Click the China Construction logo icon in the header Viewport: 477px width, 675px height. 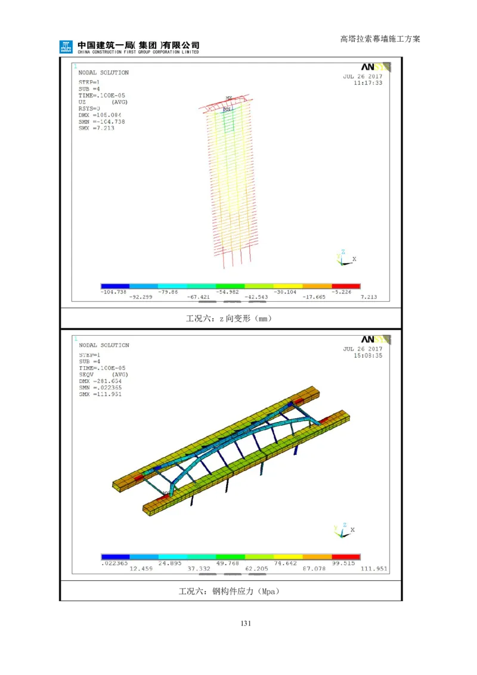[x=66, y=47]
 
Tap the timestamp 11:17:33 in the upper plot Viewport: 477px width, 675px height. [x=368, y=83]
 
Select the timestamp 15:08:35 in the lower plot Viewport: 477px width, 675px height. [x=368, y=355]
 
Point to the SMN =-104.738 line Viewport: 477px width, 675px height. [x=101, y=122]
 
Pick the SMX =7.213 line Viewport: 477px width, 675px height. [x=96, y=128]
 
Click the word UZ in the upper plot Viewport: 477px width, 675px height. [x=82, y=102]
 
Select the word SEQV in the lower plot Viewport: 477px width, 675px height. [x=86, y=374]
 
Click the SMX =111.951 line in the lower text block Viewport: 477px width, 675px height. [x=100, y=394]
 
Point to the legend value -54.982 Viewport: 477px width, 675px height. [x=230, y=292]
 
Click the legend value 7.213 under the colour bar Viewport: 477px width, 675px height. [x=369, y=297]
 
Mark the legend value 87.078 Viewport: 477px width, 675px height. [x=316, y=569]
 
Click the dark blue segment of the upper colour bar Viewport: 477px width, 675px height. [x=115, y=286]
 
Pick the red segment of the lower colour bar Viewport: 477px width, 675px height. [x=346, y=557]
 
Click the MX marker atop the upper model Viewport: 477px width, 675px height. [x=229, y=98]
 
